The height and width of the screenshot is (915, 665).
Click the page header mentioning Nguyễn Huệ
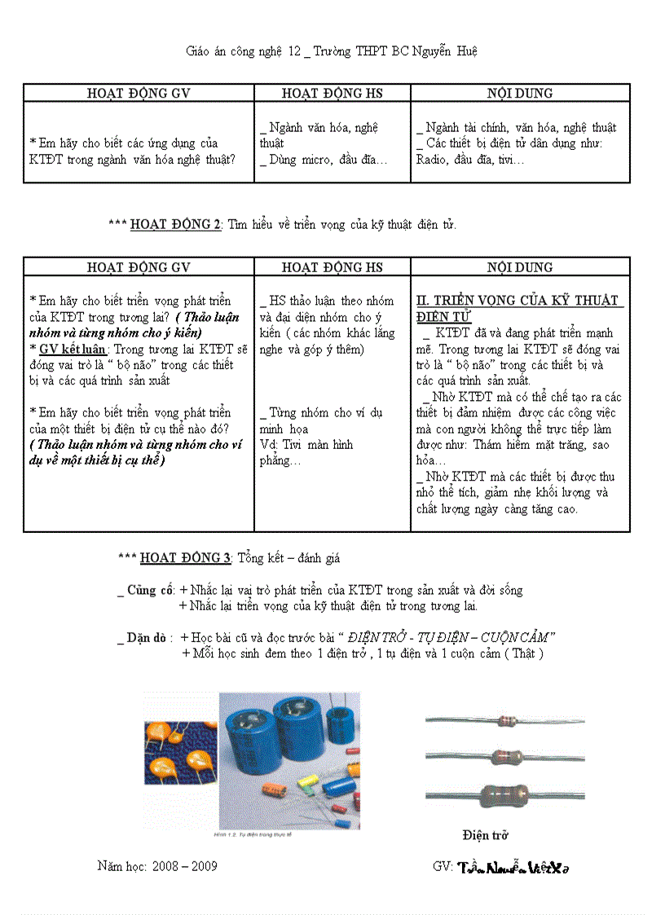point(332,51)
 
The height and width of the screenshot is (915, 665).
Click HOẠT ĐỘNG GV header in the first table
point(139,93)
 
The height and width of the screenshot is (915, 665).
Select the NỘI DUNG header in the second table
point(520,267)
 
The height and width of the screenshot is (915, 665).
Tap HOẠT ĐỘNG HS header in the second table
point(332,267)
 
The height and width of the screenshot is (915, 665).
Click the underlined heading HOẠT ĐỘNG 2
point(175,225)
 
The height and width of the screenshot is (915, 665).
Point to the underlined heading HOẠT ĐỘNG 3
point(186,558)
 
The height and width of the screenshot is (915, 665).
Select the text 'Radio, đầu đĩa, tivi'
point(469,160)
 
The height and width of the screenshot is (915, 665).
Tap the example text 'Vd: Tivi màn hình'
point(306,445)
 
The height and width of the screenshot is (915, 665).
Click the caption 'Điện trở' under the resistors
point(485,835)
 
